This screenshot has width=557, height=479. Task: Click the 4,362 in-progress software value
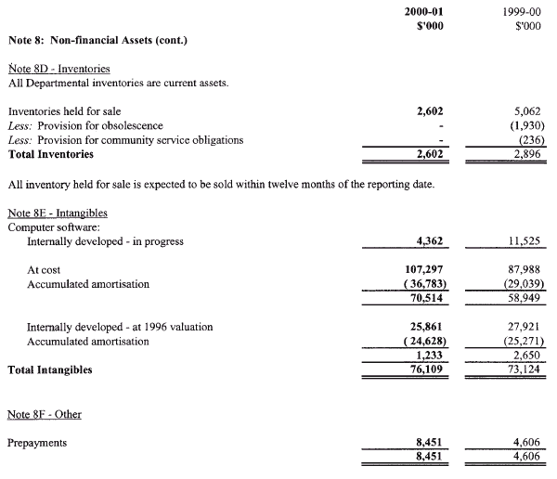(x=435, y=242)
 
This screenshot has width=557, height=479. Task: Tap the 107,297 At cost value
(x=429, y=269)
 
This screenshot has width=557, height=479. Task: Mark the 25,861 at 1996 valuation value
(x=432, y=327)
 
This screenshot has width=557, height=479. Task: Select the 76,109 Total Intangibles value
(x=433, y=369)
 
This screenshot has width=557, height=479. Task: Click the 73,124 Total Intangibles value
(x=524, y=369)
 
